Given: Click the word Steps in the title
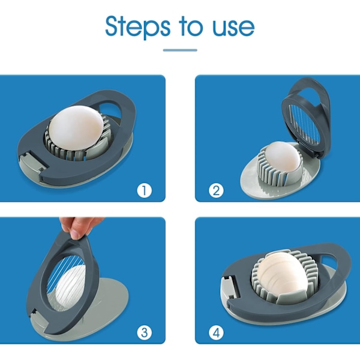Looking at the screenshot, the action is [x=138, y=27].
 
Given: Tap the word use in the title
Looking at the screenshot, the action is [x=233, y=28].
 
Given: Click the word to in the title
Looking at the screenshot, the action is [x=191, y=26].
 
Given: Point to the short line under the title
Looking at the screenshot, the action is [x=180, y=50].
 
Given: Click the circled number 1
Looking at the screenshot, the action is [x=145, y=190].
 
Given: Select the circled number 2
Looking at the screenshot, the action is [x=216, y=190].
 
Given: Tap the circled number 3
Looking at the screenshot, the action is [x=145, y=332].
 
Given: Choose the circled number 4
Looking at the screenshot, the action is [x=216, y=332].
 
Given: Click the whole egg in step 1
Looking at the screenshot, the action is [x=76, y=128].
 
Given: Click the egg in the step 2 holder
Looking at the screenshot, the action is [x=283, y=157].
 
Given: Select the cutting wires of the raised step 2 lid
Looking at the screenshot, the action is [x=304, y=125].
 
